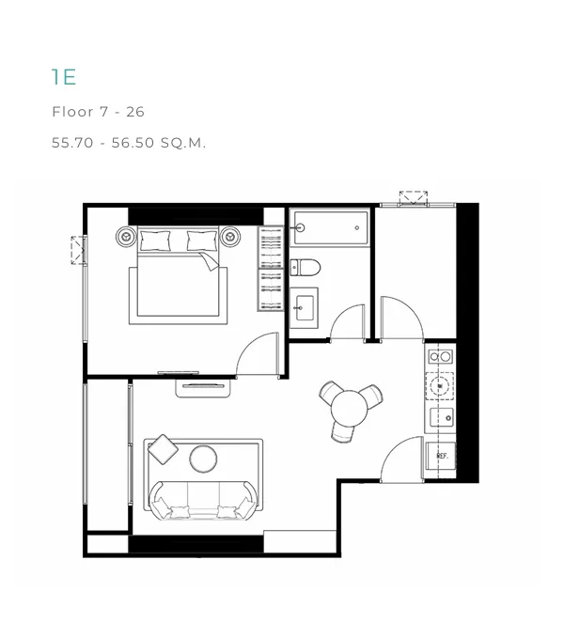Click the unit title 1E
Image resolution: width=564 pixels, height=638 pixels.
pyautogui.click(x=64, y=77)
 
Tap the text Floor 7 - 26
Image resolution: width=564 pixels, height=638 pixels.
pyautogui.click(x=98, y=112)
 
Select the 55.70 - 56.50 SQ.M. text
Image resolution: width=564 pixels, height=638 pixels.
pyautogui.click(x=129, y=143)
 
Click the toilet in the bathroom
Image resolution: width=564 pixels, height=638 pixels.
pyautogui.click(x=305, y=268)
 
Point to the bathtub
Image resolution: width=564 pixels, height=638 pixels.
pyautogui.click(x=331, y=227)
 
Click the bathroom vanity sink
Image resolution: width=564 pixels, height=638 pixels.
pyautogui.click(x=304, y=307)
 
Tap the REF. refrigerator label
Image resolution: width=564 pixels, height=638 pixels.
pyautogui.click(x=443, y=456)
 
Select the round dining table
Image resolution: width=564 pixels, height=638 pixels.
pyautogui.click(x=349, y=408)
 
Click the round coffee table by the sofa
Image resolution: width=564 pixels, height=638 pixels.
pyautogui.click(x=203, y=459)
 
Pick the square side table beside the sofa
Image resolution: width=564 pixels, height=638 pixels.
pyautogui.click(x=163, y=449)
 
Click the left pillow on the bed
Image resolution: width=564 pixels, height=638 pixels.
pyautogui.click(x=155, y=241)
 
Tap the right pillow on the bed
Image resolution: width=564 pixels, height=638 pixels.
pyautogui.click(x=202, y=241)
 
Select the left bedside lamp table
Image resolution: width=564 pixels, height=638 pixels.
pyautogui.click(x=126, y=236)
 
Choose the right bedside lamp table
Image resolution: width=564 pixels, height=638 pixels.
pyautogui.click(x=230, y=236)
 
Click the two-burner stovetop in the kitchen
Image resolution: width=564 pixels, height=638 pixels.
pyautogui.click(x=440, y=357)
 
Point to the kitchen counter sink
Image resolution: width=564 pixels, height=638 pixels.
pyautogui.click(x=442, y=417)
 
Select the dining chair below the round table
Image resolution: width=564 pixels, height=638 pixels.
pyautogui.click(x=342, y=432)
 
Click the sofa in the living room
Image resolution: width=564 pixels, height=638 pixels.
pyautogui.click(x=203, y=501)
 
